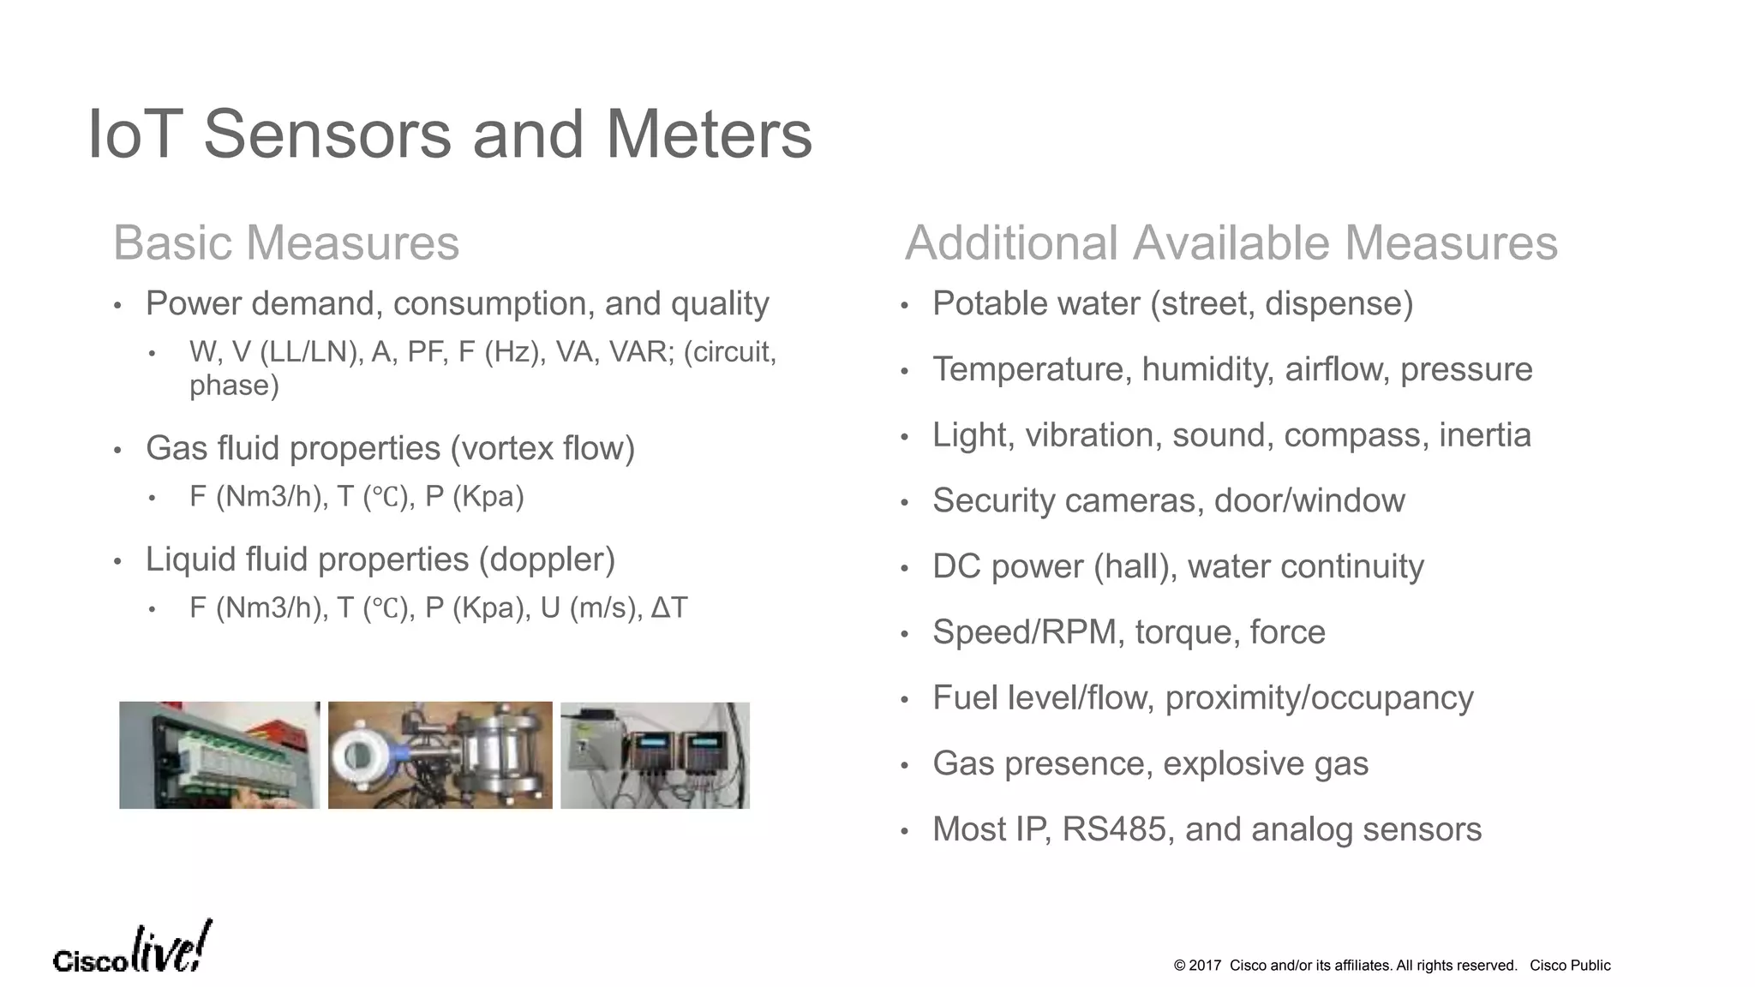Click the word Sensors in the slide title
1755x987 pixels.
pos(326,135)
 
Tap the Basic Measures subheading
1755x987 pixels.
pos(286,242)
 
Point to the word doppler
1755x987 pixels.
pos(547,559)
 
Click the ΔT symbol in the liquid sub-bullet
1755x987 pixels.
pos(669,607)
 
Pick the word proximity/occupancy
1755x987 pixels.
pos(1319,698)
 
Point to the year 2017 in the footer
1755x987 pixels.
pos(1205,966)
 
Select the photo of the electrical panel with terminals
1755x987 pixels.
pos(219,755)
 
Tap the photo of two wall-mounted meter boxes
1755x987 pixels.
pos(655,755)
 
